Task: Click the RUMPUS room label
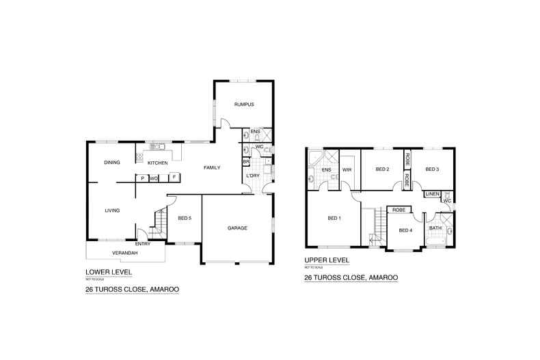[244, 105]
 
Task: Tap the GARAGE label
[237, 227]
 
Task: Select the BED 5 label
[185, 219]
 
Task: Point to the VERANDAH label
[125, 253]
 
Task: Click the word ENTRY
[143, 243]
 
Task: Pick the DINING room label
[113, 163]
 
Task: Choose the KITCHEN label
[157, 163]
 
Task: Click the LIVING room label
[113, 210]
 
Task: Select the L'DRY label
[252, 177]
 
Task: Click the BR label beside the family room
[245, 161]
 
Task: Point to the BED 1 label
[334, 219]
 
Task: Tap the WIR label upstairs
[347, 169]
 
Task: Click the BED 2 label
[383, 169]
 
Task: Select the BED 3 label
[431, 169]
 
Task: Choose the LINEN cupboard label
[432, 194]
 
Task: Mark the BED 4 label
[405, 230]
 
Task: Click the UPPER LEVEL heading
[327, 260]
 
